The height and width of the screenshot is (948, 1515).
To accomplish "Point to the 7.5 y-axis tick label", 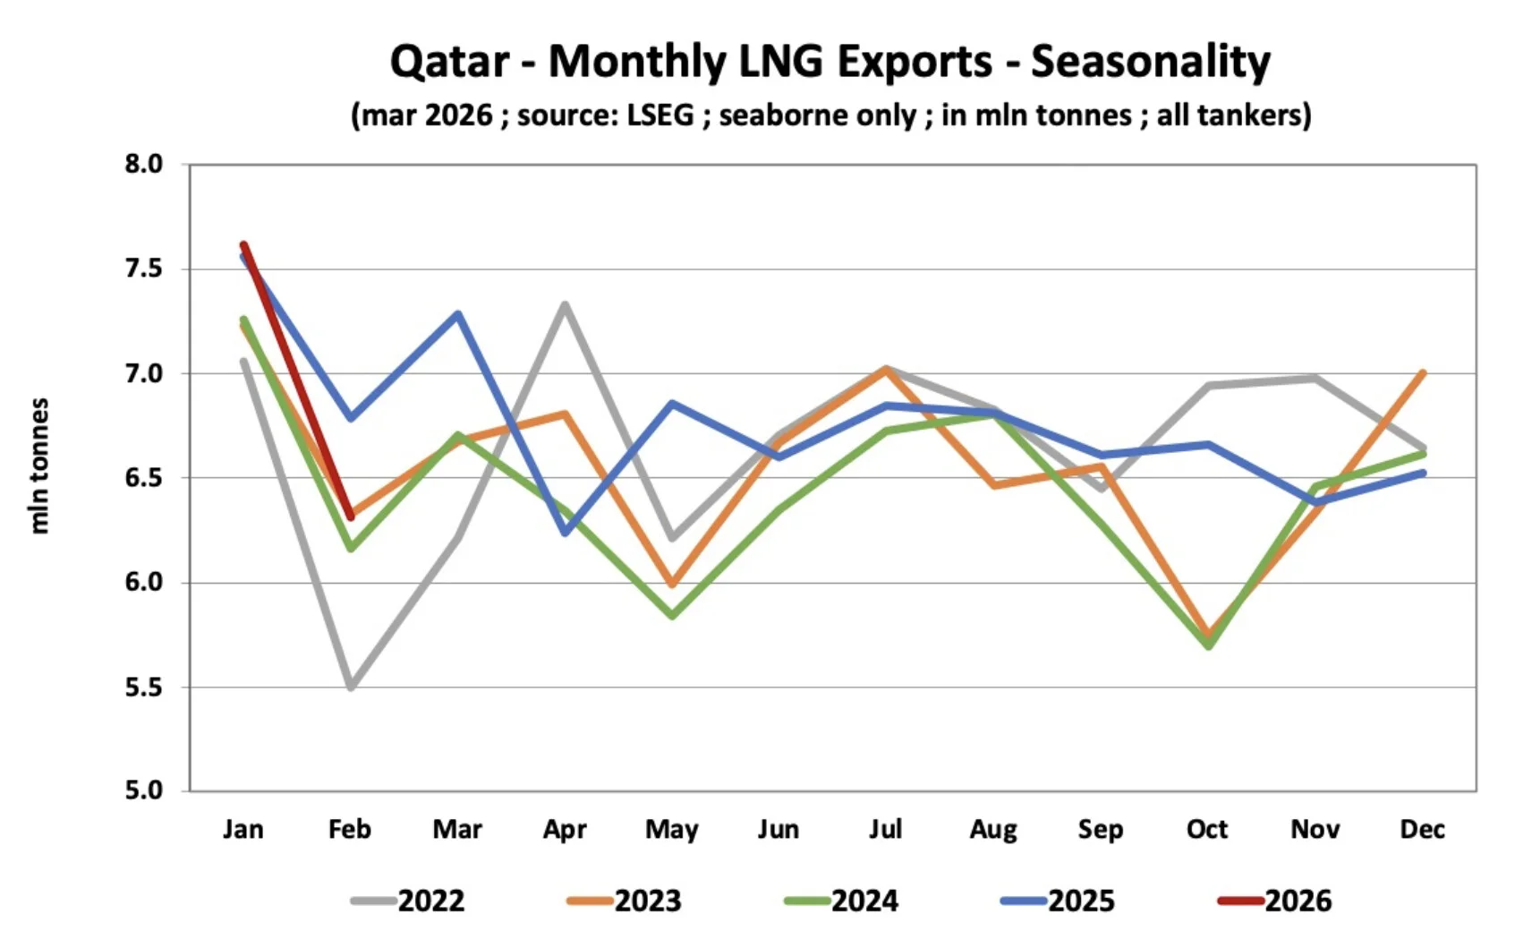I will (143, 269).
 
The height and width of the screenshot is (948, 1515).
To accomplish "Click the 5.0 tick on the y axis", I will (143, 790).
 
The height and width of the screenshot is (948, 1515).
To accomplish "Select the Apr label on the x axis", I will (565, 830).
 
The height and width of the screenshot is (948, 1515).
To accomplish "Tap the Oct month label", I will (1207, 830).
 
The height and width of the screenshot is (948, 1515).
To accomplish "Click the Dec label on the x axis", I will (1422, 830).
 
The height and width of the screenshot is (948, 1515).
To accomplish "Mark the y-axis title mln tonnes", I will (38, 466).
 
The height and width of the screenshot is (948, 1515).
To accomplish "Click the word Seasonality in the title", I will (1150, 62).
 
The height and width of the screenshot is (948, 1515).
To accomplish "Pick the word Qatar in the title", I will (449, 62).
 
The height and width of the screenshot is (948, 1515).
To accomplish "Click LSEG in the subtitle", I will (660, 115).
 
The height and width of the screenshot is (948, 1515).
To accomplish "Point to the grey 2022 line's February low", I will (351, 687).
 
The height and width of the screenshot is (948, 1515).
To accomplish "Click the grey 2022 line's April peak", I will (566, 304).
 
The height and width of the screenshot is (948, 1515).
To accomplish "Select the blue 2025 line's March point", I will (458, 313).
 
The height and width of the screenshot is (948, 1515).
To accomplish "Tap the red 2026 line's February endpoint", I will (351, 517).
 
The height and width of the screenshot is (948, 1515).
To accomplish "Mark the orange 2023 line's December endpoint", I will (1422, 372).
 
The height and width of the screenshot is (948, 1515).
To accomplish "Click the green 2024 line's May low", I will (672, 616).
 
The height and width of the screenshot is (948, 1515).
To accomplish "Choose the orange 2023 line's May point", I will (672, 585).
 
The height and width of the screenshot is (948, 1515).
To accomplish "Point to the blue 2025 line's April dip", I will (565, 533).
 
